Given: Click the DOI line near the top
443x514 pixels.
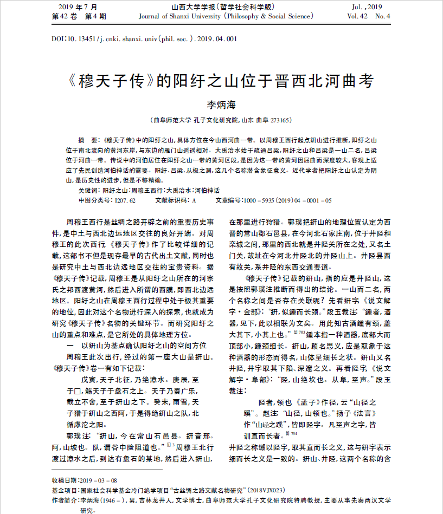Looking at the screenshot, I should point(144,39).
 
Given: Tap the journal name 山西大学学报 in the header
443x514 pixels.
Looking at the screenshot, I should point(198,6).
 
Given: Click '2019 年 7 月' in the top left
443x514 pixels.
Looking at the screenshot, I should point(76,6).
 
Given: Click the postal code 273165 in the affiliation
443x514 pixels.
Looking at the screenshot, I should point(280,120).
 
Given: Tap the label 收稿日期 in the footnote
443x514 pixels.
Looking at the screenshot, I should point(65,480).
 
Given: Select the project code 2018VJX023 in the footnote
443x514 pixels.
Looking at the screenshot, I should point(277,490).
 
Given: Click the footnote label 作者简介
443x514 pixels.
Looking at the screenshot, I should point(65,499).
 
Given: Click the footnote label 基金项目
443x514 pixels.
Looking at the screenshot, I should point(65,490).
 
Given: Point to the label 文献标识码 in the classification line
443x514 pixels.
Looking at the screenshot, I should point(171,200).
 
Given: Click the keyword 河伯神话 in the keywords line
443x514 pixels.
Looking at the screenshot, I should point(207,191).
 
